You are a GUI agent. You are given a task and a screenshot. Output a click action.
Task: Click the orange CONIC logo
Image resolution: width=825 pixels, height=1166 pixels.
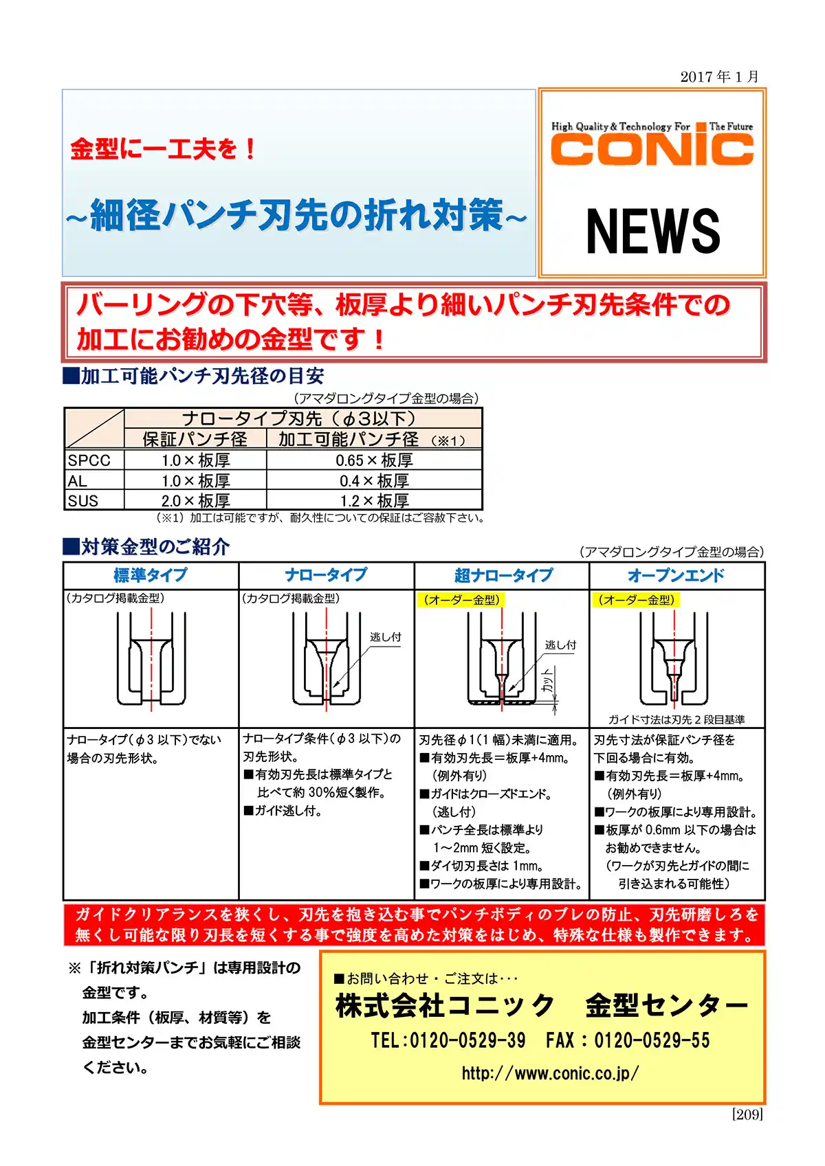click(x=652, y=149)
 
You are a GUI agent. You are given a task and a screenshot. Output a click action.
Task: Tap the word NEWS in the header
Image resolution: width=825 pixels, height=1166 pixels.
click(x=652, y=232)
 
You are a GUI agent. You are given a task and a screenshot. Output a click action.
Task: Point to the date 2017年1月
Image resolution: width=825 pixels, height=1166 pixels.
click(x=719, y=76)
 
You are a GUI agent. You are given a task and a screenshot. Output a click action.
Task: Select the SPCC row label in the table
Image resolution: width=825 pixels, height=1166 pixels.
click(x=89, y=460)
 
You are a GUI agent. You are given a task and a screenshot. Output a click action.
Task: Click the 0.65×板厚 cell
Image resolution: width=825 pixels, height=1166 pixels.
click(x=374, y=460)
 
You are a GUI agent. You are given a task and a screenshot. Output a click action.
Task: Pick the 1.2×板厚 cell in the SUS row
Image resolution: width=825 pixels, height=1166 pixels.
click(x=374, y=501)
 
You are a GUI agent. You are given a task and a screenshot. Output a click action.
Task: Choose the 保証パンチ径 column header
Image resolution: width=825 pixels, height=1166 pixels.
click(x=195, y=439)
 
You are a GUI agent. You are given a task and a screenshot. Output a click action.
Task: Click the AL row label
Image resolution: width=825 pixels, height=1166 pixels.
click(x=78, y=481)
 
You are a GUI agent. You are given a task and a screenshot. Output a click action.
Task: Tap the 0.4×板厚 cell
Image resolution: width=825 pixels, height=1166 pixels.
click(x=374, y=481)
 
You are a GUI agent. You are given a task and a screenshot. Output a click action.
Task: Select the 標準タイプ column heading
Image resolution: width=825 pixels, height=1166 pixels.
click(x=151, y=576)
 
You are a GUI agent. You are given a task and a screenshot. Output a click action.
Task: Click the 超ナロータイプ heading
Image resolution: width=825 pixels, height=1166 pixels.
click(x=503, y=576)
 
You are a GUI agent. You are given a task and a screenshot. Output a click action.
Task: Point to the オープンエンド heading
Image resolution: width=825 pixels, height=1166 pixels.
click(x=676, y=576)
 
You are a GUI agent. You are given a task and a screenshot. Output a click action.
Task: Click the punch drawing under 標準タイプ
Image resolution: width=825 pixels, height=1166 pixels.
click(x=151, y=660)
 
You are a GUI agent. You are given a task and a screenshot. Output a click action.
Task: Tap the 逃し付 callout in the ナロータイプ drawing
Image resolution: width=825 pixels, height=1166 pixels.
click(x=385, y=637)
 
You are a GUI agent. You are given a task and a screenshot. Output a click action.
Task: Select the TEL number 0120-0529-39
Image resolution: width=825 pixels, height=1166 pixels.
click(x=467, y=1040)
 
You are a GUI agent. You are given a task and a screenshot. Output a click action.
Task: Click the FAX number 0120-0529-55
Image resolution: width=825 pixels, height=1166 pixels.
click(x=651, y=1040)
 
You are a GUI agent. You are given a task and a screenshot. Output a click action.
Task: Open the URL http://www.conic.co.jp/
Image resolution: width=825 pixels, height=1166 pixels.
click(x=550, y=1073)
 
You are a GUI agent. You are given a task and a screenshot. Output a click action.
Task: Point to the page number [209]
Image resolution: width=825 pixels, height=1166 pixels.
click(x=747, y=1114)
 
